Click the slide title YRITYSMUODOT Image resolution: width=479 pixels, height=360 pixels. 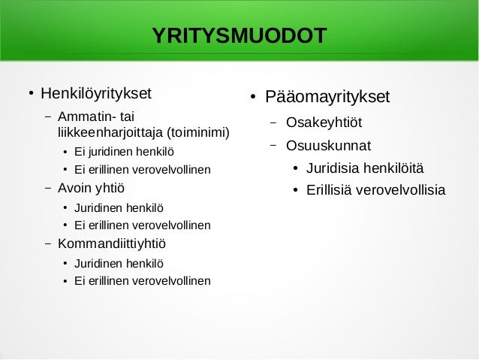click(x=239, y=36)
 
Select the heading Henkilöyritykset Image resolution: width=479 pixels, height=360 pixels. click(x=95, y=95)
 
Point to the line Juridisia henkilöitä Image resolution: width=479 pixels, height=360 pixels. click(x=365, y=167)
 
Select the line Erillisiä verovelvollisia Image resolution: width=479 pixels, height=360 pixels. click(x=375, y=189)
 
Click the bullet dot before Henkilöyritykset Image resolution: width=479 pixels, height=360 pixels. click(x=30, y=95)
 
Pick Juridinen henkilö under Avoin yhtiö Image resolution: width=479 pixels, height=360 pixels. click(x=118, y=207)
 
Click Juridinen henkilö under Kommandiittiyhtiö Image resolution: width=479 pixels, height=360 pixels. click(x=118, y=263)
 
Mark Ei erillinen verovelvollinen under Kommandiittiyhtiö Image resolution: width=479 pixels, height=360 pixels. click(x=142, y=281)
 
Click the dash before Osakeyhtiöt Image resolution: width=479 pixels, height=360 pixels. click(x=273, y=123)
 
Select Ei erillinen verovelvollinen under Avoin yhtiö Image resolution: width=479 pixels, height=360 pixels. click(x=142, y=225)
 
